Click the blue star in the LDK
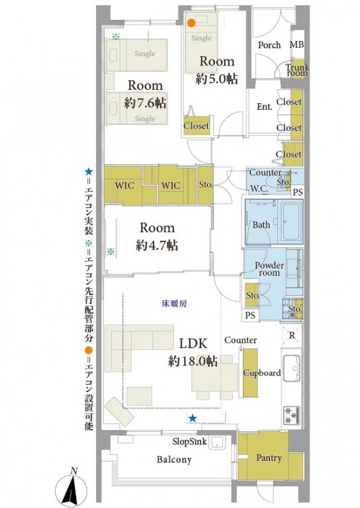coord(193,418)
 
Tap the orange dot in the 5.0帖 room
coord(191,23)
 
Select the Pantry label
coord(269,458)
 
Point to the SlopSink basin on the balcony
coord(217,443)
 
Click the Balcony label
coord(174,460)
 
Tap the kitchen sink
coord(292,368)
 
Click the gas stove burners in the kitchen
coord(291,415)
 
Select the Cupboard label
coord(262,372)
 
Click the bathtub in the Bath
coord(292,222)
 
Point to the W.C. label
coord(259,189)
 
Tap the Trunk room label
coord(297,70)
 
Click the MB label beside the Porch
coord(296,44)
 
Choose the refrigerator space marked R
coord(292,335)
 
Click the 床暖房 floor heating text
coord(174,304)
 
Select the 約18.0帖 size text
coord(193,360)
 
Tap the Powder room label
coord(269,269)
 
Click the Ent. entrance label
coord(264,106)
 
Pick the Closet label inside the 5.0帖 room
coord(196,126)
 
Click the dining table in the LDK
coord(214,377)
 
